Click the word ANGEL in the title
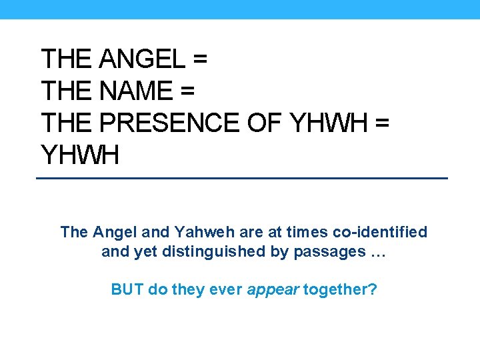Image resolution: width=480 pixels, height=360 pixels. pyautogui.click(x=141, y=59)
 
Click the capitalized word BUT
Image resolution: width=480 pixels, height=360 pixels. pyautogui.click(x=126, y=291)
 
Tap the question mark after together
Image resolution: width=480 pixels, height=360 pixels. pyautogui.click(x=372, y=291)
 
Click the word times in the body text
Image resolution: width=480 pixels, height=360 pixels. pyautogui.click(x=311, y=232)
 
